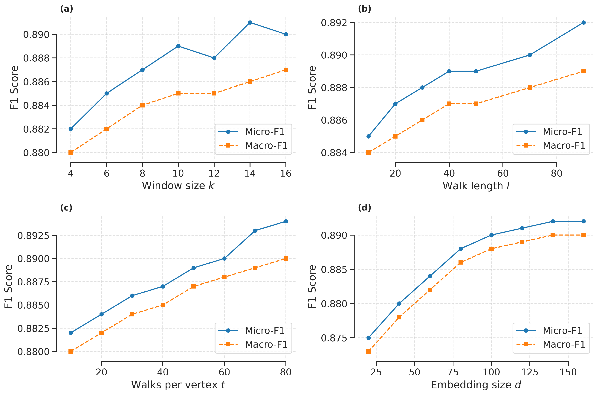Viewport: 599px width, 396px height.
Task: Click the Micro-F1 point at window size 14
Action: coord(250,22)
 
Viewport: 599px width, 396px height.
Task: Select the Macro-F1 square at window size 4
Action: coord(71,153)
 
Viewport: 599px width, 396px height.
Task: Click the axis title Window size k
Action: coord(178,186)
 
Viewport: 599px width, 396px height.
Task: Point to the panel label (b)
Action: coord(364,9)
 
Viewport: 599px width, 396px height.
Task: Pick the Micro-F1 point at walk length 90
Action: coord(583,22)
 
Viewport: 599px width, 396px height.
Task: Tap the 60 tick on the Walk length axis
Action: coord(503,173)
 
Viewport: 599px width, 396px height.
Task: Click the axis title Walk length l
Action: coord(476,186)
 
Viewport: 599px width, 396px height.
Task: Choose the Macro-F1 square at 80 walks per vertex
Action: coord(286,258)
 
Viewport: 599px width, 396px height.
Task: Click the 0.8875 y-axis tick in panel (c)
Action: coord(33,282)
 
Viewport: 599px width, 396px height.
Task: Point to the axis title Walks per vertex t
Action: coord(178,385)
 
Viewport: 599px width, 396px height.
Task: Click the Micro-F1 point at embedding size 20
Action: coord(368,338)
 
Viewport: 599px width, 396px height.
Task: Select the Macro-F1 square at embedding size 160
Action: coord(583,235)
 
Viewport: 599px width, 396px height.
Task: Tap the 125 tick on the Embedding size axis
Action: coord(530,372)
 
